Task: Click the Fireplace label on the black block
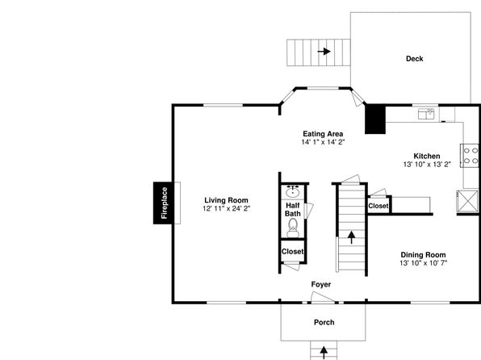pos(165,203)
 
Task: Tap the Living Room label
pos(227,200)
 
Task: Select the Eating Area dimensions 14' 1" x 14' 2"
pos(323,142)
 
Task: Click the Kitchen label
pos(427,156)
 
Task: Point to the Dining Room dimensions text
pos(424,263)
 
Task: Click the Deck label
pos(415,59)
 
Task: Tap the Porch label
pos(324,322)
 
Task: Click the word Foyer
pos(321,284)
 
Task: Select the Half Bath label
pos(293,209)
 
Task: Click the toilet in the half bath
pos(293,228)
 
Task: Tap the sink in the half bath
pos(293,192)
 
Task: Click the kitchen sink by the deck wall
pos(426,114)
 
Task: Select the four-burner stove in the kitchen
pos(470,156)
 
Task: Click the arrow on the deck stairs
pos(324,51)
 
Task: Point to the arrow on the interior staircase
pos(352,237)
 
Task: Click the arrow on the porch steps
pos(324,353)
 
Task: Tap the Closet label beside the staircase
pos(379,206)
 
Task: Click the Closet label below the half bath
pos(293,252)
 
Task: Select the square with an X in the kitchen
pos(467,201)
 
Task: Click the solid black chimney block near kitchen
pos(375,119)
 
